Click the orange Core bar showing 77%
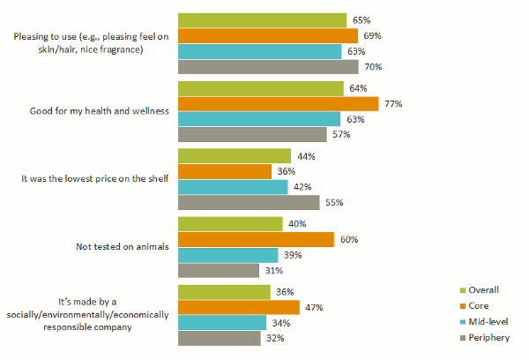[278, 104]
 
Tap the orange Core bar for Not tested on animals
[256, 239]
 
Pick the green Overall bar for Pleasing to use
[262, 20]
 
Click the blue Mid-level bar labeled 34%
[222, 323]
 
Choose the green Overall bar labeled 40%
[230, 224]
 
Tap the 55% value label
[334, 202]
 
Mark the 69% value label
[372, 36]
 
